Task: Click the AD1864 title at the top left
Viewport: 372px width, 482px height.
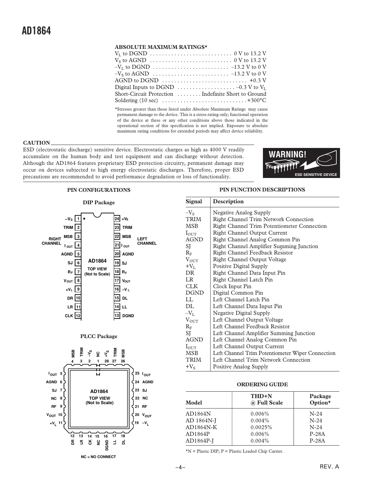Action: point(36,31)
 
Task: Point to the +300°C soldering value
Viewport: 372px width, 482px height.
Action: point(257,100)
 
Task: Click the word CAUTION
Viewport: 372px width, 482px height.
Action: point(36,143)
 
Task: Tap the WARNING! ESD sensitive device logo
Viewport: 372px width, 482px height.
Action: point(301,163)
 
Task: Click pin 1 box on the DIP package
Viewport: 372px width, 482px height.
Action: point(78,219)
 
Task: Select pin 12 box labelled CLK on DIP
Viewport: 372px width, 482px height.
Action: point(78,316)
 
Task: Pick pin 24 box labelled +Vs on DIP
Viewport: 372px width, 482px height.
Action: point(117,219)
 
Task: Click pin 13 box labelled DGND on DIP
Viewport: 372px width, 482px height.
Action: point(117,316)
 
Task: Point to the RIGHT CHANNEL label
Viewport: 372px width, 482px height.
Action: point(52,241)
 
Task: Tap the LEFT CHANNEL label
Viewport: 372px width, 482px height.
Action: point(147,241)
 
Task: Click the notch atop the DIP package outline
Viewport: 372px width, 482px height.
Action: point(97,215)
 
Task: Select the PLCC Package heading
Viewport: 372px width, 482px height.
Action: point(99,336)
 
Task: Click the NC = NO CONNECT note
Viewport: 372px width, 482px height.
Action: point(98,457)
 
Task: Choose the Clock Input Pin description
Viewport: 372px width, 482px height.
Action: point(232,286)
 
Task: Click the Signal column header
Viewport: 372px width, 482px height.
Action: point(194,202)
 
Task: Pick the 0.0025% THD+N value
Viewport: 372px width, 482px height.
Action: point(261,427)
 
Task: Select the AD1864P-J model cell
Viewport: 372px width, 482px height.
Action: point(199,441)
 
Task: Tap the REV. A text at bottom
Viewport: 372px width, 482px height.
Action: point(329,467)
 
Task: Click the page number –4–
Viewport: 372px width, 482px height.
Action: point(180,468)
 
